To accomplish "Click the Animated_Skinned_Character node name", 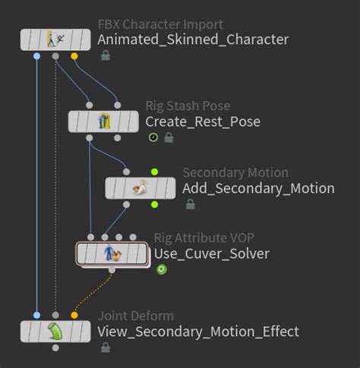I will coord(194,40).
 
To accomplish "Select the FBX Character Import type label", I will coord(160,25).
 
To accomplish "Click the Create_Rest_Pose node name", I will coord(203,122).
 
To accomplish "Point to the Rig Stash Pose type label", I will coord(188,106).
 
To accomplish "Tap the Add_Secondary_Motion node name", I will coord(258,189).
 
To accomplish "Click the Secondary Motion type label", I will coord(235,173).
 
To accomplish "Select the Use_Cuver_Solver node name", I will coord(212,253).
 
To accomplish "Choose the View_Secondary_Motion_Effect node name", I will coord(198,332).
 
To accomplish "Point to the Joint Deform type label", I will coord(136,316).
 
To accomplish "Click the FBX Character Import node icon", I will coord(55,39).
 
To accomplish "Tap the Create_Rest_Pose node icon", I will coord(104,121).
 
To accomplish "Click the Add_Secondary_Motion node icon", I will coord(141,187).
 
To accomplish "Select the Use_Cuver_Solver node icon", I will coord(112,253).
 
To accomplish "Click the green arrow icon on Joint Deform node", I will coord(55,332).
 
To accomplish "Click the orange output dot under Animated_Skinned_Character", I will coord(74,56).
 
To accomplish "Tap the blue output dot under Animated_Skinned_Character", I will coord(37,56).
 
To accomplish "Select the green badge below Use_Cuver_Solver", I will coord(161,269).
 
